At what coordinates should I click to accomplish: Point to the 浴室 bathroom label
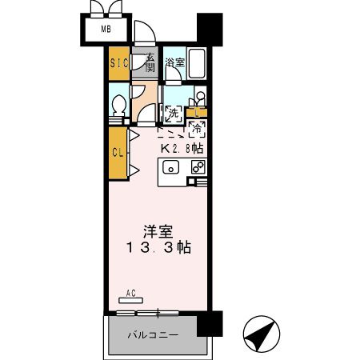click(x=174, y=62)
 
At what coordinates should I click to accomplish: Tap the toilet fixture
click(x=119, y=104)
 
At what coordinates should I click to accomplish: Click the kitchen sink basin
click(x=170, y=167)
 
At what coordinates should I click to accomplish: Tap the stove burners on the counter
click(x=198, y=167)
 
